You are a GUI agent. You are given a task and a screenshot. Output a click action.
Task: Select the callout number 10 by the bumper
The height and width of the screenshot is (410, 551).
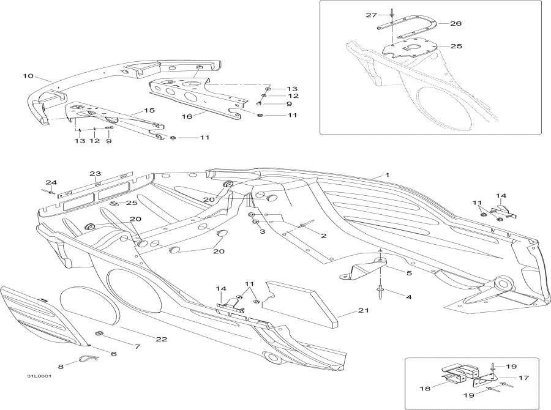[x=28, y=76]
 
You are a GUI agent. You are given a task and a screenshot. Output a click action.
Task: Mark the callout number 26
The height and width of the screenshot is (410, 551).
[x=455, y=24]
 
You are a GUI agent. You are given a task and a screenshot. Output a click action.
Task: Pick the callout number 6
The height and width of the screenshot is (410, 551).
[x=113, y=354]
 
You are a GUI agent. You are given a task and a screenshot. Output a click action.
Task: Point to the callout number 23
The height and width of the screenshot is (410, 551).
[x=95, y=174]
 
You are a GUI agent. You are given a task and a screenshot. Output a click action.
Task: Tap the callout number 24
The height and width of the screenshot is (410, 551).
[x=50, y=182]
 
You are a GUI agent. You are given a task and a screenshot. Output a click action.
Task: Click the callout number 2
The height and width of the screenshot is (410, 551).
[x=324, y=235]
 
